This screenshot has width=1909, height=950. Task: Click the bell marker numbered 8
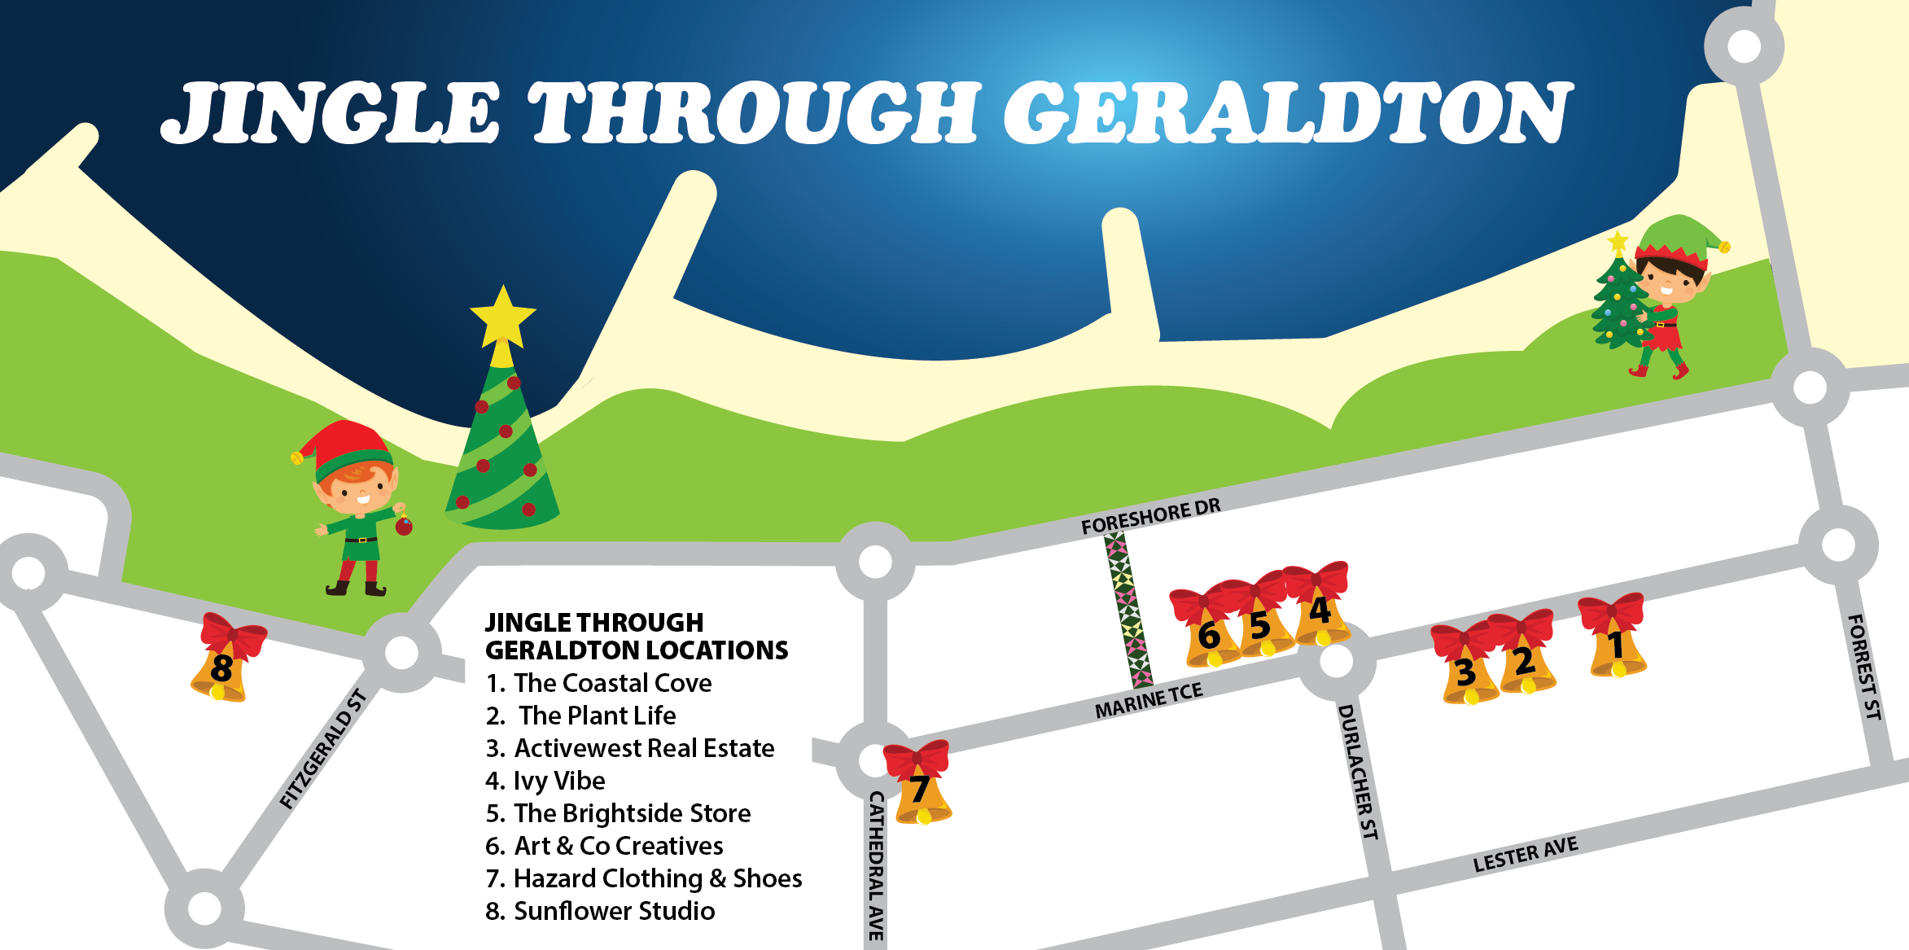221,663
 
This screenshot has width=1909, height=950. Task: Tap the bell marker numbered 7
920,786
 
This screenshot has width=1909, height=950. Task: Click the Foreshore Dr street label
1150,516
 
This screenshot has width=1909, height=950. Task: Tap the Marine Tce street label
1148,700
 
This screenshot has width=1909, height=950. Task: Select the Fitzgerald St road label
322,749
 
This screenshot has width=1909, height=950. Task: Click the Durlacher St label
1358,772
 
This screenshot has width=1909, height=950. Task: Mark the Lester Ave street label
1525,854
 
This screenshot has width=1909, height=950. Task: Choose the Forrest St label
1864,667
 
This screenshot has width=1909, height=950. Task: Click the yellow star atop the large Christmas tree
502,316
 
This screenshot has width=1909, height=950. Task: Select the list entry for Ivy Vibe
545,781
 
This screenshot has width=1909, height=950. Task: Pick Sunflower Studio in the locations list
601,911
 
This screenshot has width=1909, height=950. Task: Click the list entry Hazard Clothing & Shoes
644,878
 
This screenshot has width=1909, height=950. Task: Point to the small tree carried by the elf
1618,301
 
